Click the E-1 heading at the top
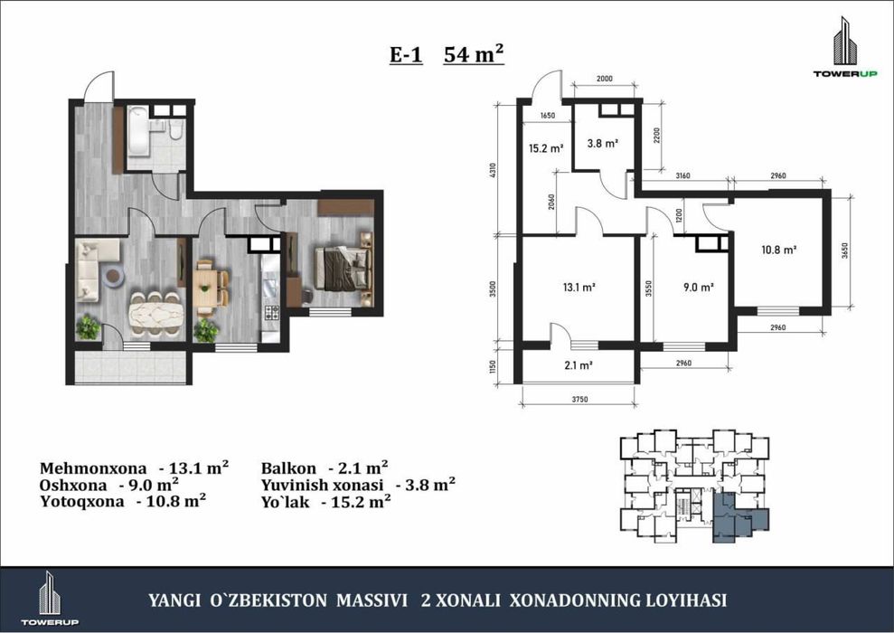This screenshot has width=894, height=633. click(406, 55)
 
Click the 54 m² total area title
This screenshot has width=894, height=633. click(474, 54)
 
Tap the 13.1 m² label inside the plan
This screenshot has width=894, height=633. click(579, 288)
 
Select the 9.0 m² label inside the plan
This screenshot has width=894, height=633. click(699, 288)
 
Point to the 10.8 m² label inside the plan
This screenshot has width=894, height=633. click(779, 250)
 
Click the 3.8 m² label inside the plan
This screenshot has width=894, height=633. click(603, 143)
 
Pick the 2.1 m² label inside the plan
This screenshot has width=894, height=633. click(579, 365)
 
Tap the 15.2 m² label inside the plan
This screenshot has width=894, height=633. click(546, 148)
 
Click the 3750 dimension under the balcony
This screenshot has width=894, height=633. click(579, 399)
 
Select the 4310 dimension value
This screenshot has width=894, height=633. click(494, 171)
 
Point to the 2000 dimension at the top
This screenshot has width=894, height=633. click(605, 79)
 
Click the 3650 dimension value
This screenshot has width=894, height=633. click(845, 250)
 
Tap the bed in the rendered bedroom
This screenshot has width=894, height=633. click(343, 268)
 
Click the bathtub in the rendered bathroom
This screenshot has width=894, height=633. click(138, 130)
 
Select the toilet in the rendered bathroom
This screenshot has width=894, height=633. click(176, 130)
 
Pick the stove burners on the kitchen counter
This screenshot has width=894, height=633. click(271, 313)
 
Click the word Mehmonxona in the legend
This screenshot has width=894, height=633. click(93, 468)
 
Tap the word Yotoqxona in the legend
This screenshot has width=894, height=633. click(82, 502)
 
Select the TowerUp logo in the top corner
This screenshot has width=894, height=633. click(845, 47)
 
